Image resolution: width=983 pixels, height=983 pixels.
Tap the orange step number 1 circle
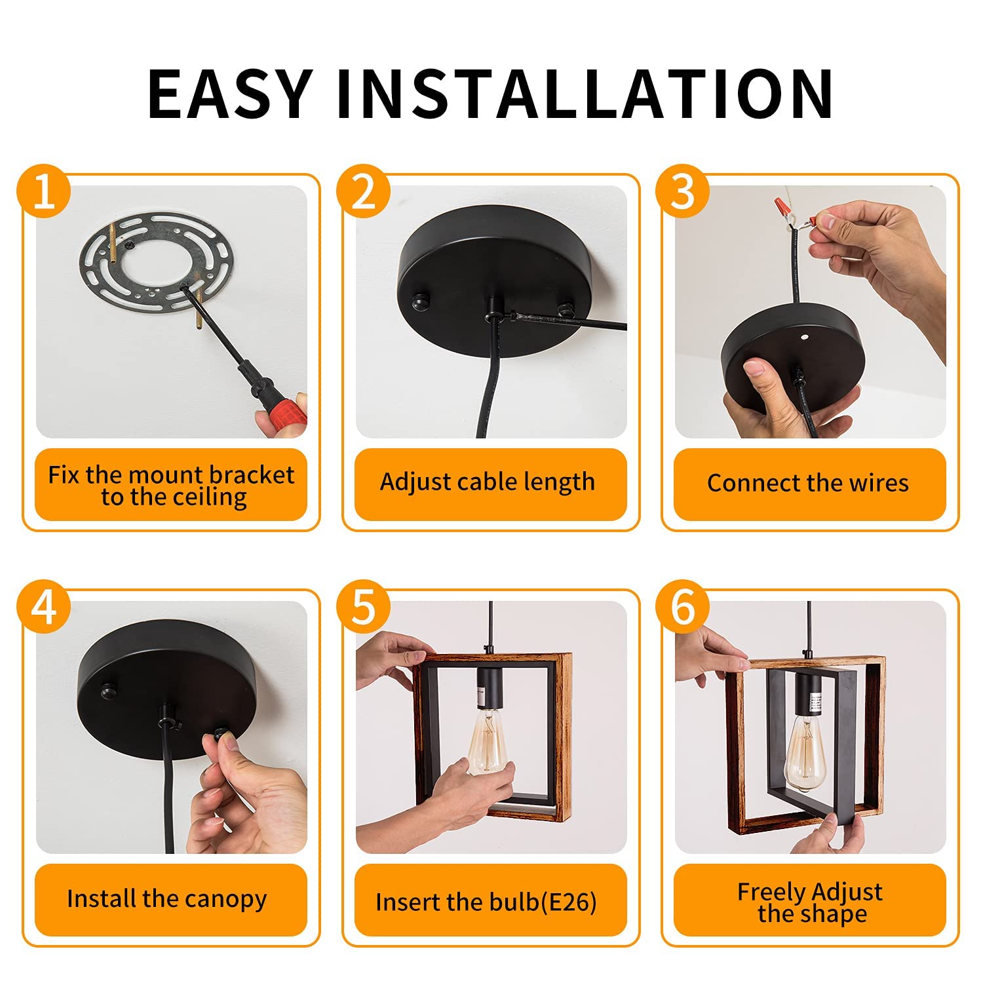pyautogui.click(x=43, y=191)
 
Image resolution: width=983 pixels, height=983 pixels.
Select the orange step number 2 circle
pyautogui.click(x=364, y=191)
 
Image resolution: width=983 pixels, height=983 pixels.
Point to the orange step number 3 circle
pyautogui.click(x=683, y=191)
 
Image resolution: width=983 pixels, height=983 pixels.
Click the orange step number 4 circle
pyautogui.click(x=43, y=607)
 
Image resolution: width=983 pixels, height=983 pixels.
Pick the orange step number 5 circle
pyautogui.click(x=364, y=607)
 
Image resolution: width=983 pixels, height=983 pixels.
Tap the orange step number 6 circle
pyautogui.click(x=683, y=607)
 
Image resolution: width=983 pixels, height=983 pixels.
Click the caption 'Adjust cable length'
pyautogui.click(x=488, y=482)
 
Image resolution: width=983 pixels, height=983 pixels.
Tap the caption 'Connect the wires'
pyautogui.click(x=808, y=484)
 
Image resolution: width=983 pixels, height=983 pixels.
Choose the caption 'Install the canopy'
pyautogui.click(x=167, y=898)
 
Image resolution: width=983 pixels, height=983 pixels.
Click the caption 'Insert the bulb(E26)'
pyautogui.click(x=486, y=902)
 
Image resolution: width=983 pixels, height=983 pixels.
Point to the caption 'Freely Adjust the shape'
pyautogui.click(x=810, y=902)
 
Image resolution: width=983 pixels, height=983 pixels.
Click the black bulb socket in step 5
pyautogui.click(x=490, y=688)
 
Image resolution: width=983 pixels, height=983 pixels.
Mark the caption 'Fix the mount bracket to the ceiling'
pyautogui.click(x=171, y=485)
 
